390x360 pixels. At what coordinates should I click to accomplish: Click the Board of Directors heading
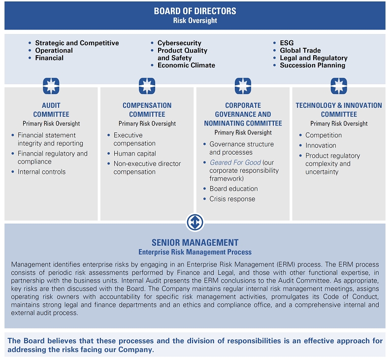pos(195,11)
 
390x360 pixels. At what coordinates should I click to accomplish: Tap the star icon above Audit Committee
pos(51,85)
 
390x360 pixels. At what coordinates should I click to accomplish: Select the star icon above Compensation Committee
pos(147,85)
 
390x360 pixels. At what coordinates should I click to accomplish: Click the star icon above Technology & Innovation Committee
pos(339,85)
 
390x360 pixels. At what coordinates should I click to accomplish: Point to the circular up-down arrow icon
pos(195,222)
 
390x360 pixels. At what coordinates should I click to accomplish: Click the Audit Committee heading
pos(51,110)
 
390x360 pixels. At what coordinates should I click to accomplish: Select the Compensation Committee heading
pos(147,110)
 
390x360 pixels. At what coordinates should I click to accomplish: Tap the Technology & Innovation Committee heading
pos(339,110)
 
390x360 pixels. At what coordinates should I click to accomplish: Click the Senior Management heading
pos(195,242)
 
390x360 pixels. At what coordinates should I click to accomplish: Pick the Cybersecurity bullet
pos(179,43)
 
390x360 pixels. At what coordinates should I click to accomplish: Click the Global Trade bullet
pos(300,50)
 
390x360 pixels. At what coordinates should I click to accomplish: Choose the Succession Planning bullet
pos(313,65)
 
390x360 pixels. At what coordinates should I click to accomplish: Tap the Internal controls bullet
pos(41,172)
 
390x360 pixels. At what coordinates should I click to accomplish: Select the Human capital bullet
pos(134,154)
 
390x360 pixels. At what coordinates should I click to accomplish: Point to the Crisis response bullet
pos(232,199)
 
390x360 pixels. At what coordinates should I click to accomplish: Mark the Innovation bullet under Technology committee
pos(321,145)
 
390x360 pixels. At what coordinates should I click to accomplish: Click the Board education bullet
pos(233,189)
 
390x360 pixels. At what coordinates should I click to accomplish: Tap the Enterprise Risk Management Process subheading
pos(195,252)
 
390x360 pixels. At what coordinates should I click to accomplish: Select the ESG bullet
pos(287,43)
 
